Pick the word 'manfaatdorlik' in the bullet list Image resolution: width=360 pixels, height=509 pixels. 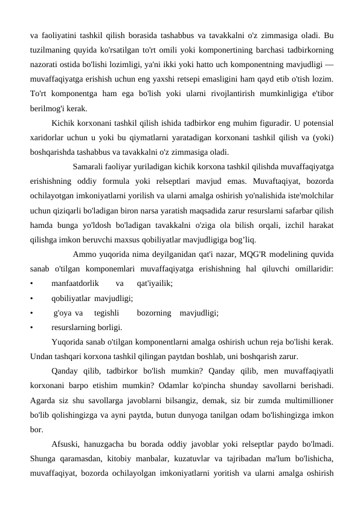coord(76,283)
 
